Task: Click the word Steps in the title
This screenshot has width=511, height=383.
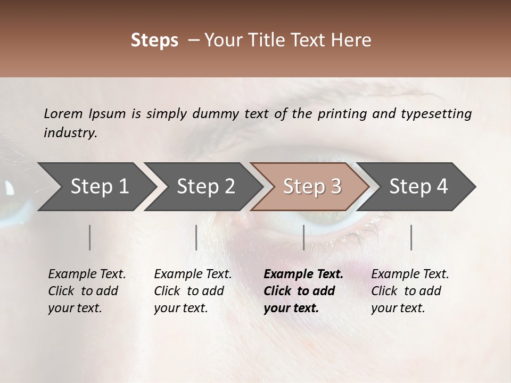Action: click(x=154, y=40)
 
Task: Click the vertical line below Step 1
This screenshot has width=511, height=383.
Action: click(x=90, y=237)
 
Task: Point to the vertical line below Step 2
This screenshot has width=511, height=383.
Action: click(x=196, y=237)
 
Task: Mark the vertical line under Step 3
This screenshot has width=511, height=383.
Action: click(x=303, y=237)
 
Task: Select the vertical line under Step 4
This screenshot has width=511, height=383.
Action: click(x=411, y=237)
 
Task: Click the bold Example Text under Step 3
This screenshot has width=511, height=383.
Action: click(x=303, y=291)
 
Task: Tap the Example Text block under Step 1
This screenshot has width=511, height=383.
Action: click(x=87, y=291)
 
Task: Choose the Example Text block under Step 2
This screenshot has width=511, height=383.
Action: click(x=193, y=291)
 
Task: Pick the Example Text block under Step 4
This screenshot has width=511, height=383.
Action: click(x=410, y=291)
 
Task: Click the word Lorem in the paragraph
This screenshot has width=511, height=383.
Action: click(x=63, y=113)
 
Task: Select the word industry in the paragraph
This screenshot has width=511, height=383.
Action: click(x=70, y=133)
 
